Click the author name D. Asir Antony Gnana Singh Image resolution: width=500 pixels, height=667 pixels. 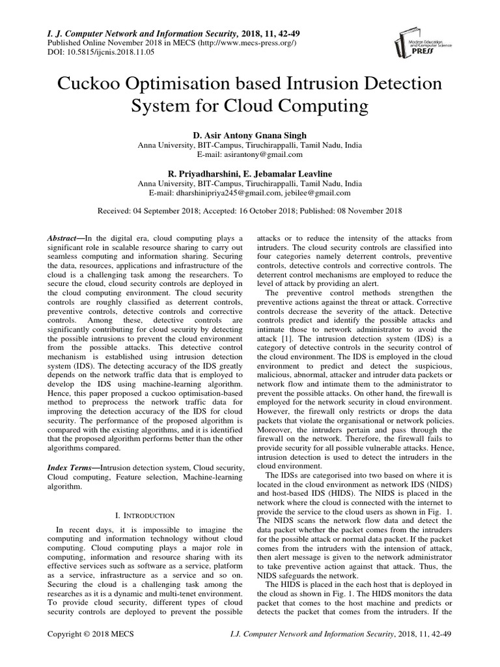click(249, 135)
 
